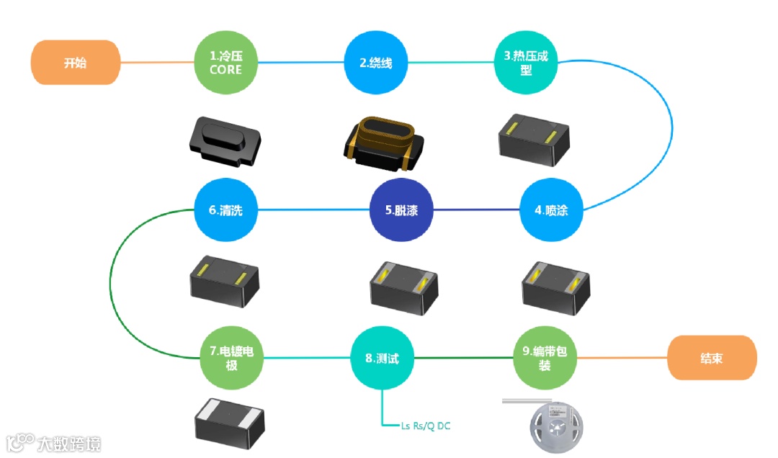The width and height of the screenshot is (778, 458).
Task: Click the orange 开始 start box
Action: [75, 63]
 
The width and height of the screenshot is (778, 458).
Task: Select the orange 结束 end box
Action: [712, 358]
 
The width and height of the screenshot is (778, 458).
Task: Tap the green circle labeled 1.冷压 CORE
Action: [225, 63]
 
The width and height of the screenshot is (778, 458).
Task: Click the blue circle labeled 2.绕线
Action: [376, 63]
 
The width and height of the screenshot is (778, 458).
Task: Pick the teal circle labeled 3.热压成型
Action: [526, 63]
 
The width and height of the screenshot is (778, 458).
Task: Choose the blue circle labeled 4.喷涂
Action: [551, 210]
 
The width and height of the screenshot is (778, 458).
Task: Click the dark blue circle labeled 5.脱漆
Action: [401, 210]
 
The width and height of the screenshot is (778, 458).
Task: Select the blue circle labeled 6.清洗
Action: [225, 210]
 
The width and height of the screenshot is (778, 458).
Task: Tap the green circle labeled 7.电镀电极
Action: [232, 358]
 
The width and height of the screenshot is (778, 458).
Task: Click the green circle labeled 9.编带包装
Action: [545, 358]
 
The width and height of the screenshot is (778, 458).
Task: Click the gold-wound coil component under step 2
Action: [380, 143]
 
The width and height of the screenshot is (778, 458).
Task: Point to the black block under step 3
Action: [535, 139]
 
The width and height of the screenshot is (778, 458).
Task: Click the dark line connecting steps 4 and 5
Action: [475, 210]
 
